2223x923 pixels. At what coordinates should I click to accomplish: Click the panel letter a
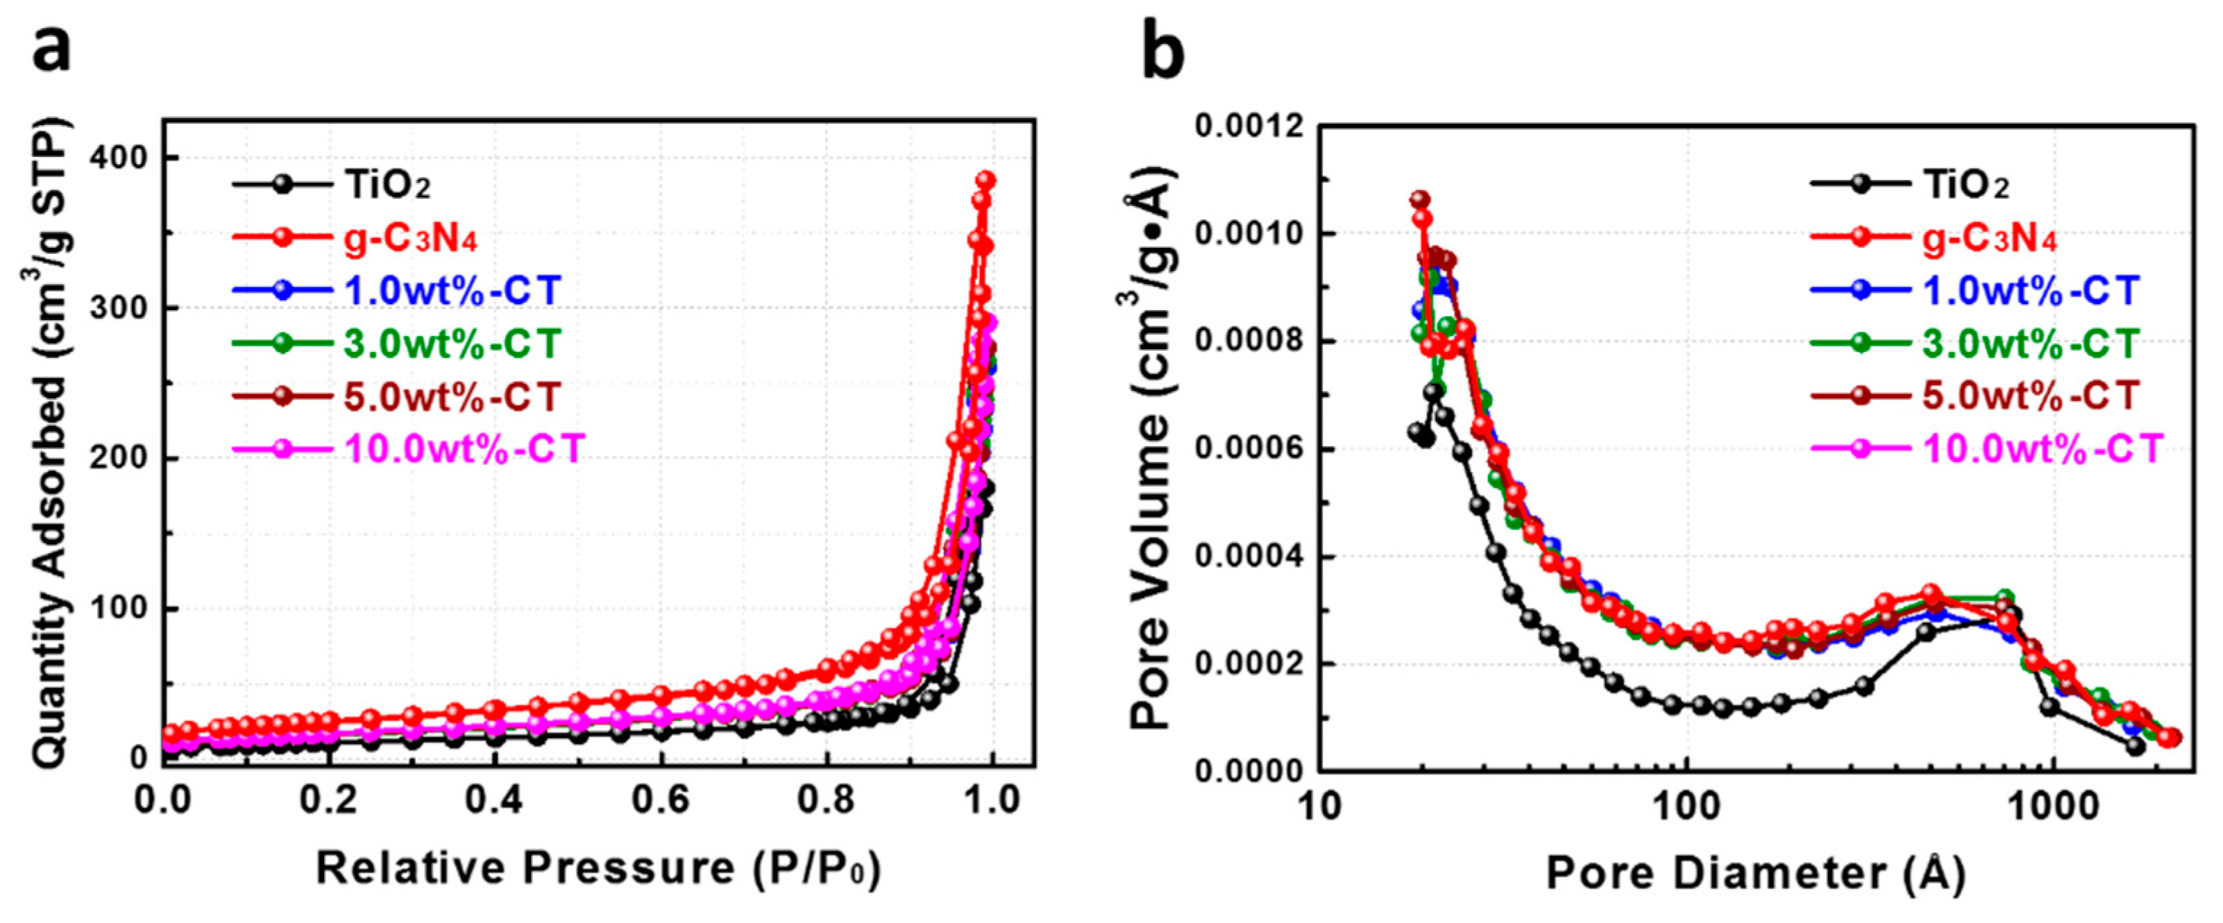tap(52, 48)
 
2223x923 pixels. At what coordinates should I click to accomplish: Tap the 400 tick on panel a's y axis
tap(129, 158)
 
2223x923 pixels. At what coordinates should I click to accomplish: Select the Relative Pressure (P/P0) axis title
tap(598, 868)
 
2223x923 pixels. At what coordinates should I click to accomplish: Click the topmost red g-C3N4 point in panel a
tap(985, 180)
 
